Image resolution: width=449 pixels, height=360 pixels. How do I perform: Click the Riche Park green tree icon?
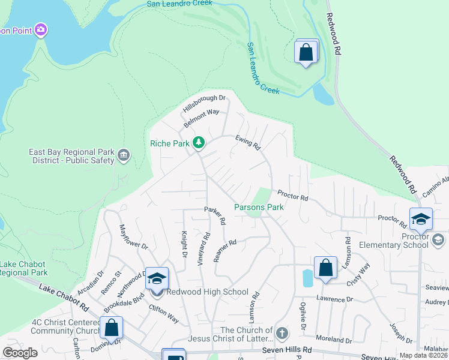pos(198,143)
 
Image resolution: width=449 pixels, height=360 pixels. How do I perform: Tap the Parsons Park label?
pos(258,207)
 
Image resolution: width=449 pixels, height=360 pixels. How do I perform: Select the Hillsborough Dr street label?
pos(204,104)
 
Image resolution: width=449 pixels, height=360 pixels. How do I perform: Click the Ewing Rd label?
pos(248,142)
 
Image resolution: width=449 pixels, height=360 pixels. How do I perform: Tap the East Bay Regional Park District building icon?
pos(124,156)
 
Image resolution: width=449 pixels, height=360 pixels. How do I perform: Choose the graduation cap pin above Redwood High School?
pos(157,279)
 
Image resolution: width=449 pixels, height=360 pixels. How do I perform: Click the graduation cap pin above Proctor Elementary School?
pos(421,219)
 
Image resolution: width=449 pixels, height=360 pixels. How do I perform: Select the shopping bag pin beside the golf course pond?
pos(306,52)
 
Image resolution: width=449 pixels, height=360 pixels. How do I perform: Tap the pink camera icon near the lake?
pos(41,29)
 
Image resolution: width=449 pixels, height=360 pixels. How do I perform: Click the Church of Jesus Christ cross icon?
pos(282,331)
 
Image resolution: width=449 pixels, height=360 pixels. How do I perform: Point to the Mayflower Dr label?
pos(133,237)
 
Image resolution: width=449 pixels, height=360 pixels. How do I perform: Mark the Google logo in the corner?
pos(20,353)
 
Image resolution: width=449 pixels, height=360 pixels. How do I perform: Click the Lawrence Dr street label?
pos(334,299)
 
